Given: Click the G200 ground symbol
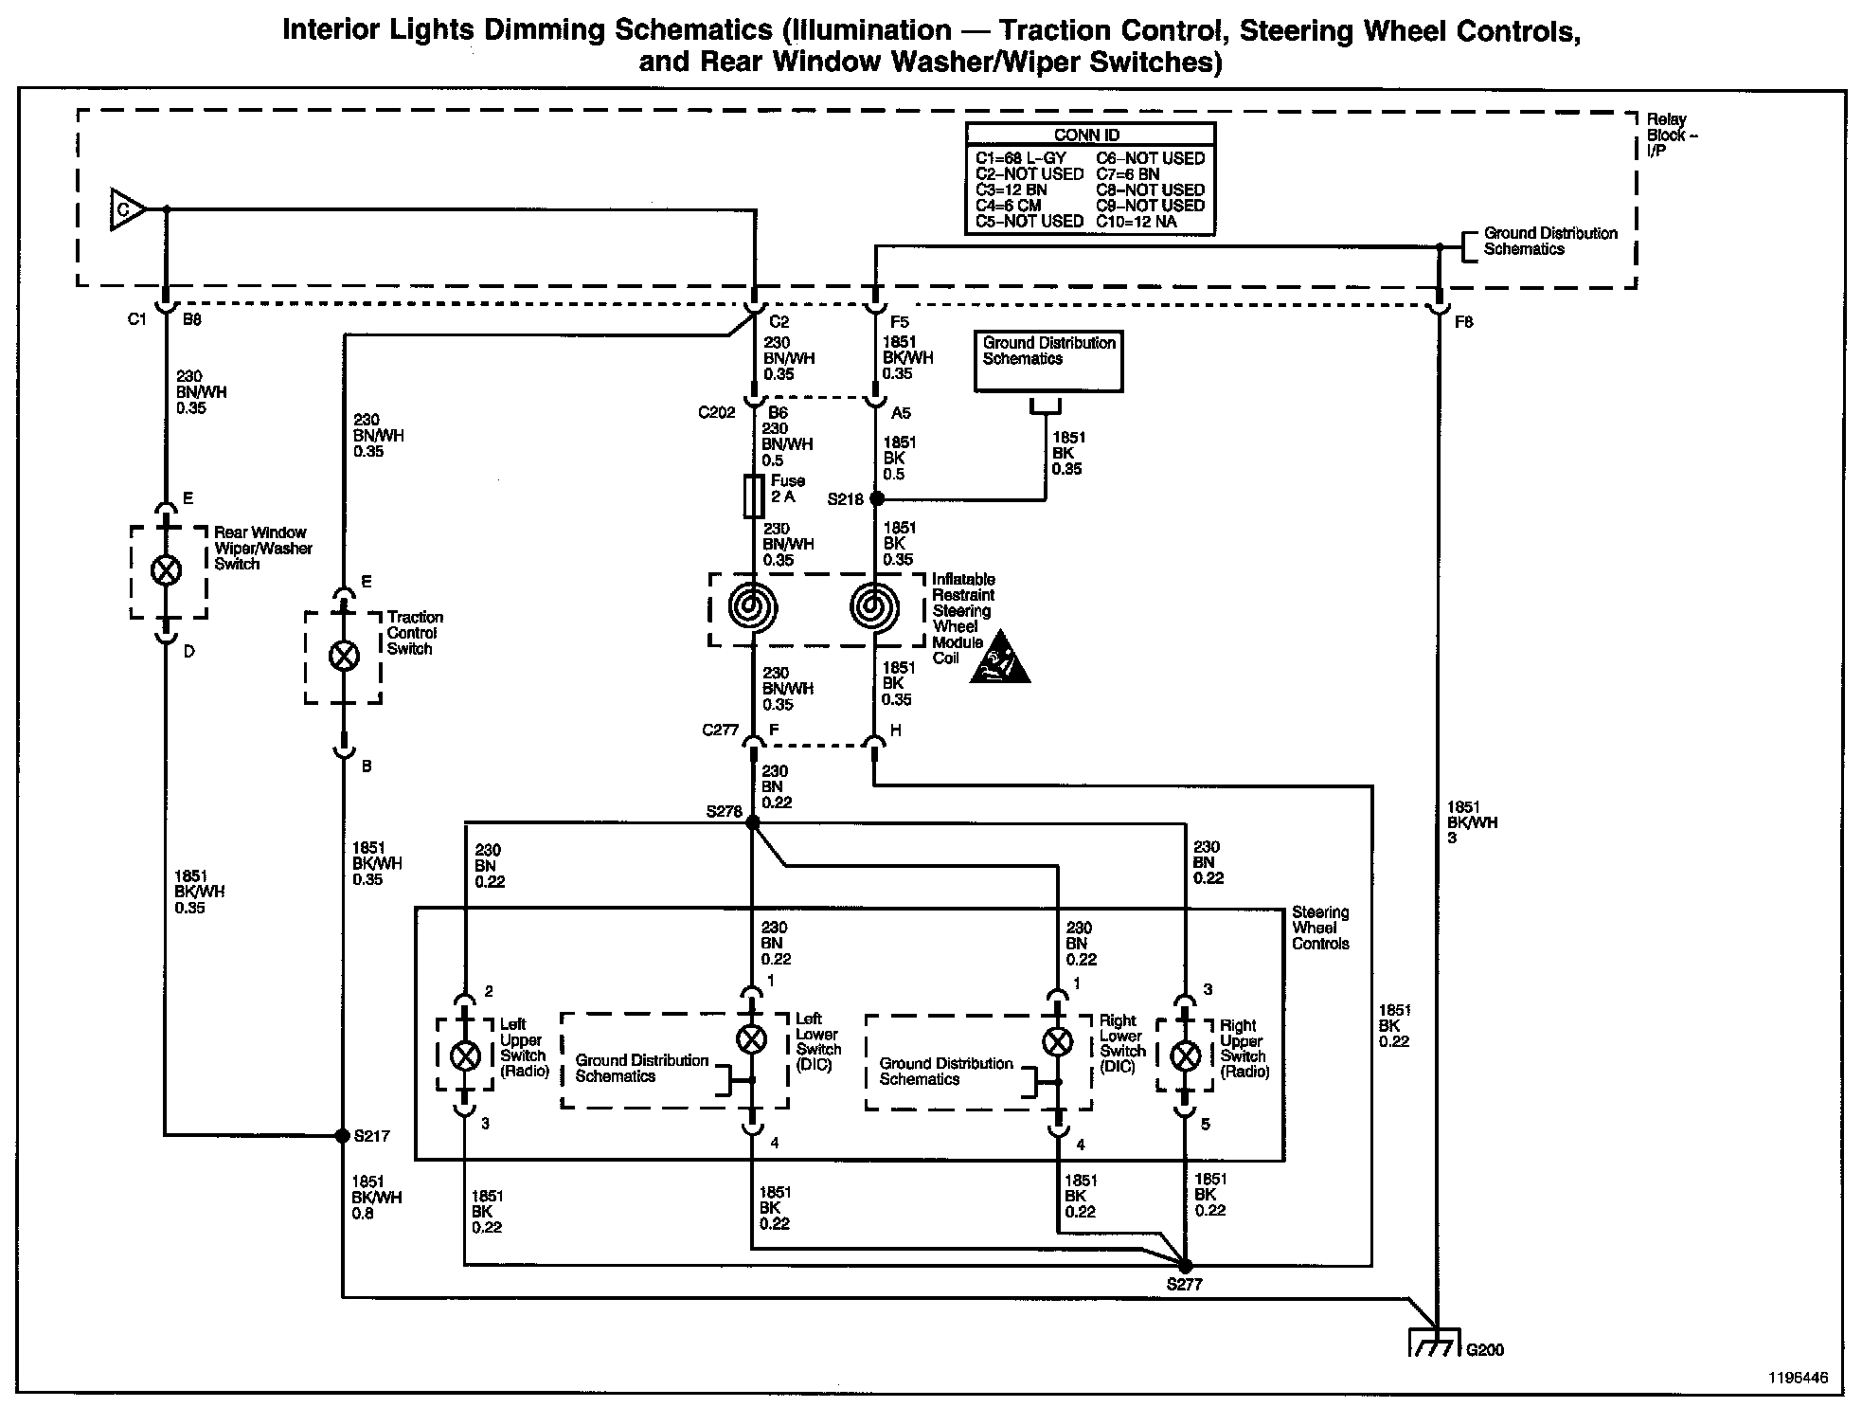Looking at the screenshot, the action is pos(1437,1344).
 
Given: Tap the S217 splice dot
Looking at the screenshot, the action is pos(343,1135).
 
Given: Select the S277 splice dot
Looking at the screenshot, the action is pos(1185,1266).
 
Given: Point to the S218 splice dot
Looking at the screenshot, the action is pos(877,498).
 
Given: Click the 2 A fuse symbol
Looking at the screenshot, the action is pos(754,496).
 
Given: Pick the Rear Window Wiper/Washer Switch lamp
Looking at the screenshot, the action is pos(168,570).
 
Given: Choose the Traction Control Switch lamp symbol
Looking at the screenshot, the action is pos(344,656).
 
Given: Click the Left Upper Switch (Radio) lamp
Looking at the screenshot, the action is pos(464,1055).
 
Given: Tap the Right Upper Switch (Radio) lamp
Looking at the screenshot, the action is pos(1186,1055).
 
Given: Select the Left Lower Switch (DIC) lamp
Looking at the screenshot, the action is pos(752,1039).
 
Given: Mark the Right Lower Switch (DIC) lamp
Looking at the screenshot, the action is pos(1057,1042).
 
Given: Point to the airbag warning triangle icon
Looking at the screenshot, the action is pos(1000,658).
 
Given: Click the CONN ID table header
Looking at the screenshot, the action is pos(1088,135).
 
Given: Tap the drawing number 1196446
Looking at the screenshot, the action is pos(1795,1379).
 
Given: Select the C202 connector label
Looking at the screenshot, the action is pos(717,413).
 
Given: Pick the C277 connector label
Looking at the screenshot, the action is pos(720,731).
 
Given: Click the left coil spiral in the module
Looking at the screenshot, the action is pos(754,607).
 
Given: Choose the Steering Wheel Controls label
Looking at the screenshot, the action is pos(1320,928).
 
